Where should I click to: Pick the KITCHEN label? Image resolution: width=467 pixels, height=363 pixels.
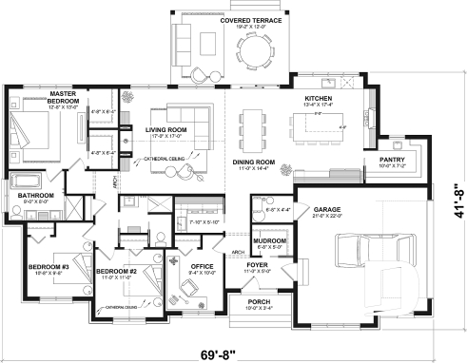click(x=318, y=99)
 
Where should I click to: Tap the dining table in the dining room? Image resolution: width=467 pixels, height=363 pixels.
click(x=253, y=124)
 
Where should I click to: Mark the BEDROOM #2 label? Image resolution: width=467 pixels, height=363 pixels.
click(x=119, y=272)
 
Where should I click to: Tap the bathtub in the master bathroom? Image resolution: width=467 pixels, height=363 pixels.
click(x=27, y=179)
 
